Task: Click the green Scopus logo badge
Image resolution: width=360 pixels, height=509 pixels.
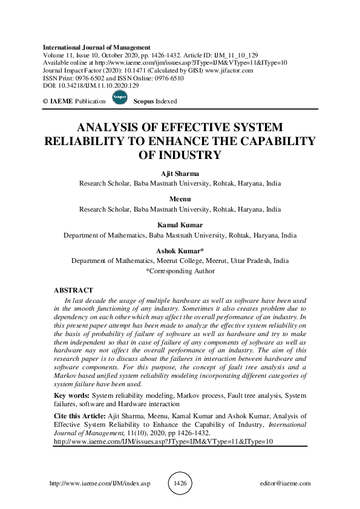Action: click(x=120, y=100)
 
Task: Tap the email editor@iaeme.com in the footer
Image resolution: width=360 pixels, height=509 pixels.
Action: click(x=284, y=484)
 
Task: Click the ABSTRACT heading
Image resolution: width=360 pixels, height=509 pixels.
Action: click(x=73, y=290)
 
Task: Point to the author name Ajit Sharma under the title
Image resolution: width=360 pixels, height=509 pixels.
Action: click(x=180, y=174)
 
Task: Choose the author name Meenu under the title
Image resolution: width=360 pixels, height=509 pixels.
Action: click(x=180, y=199)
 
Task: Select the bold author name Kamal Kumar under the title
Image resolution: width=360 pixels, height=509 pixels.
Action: click(x=180, y=225)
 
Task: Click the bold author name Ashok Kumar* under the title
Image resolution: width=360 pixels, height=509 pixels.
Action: click(x=180, y=251)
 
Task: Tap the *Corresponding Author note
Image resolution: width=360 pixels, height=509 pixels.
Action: click(x=180, y=271)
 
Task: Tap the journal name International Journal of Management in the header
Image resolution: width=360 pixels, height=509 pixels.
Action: click(x=96, y=47)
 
